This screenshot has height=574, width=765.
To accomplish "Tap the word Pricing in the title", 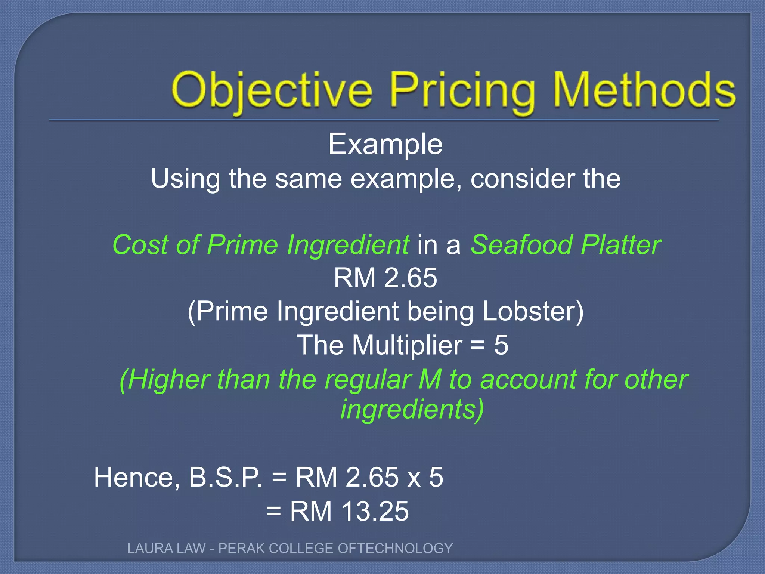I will [x=462, y=92].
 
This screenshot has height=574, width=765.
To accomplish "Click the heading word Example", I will [x=385, y=145].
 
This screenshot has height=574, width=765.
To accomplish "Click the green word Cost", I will [x=141, y=245].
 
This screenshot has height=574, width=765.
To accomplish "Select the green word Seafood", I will [x=521, y=245].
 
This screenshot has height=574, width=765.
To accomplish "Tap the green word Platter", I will [x=622, y=245].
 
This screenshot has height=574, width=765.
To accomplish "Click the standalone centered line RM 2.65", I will [x=385, y=278].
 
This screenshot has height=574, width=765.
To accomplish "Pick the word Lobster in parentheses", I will [x=533, y=311].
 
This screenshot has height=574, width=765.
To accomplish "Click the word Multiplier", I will [x=407, y=345].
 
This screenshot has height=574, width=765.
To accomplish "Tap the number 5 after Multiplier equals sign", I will [x=501, y=345].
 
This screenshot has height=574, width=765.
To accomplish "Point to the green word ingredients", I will [x=412, y=410].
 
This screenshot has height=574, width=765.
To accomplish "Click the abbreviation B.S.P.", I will [x=225, y=478].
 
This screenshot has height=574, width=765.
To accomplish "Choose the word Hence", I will [x=137, y=478].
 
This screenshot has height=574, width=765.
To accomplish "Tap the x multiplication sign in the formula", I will [x=414, y=479].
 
